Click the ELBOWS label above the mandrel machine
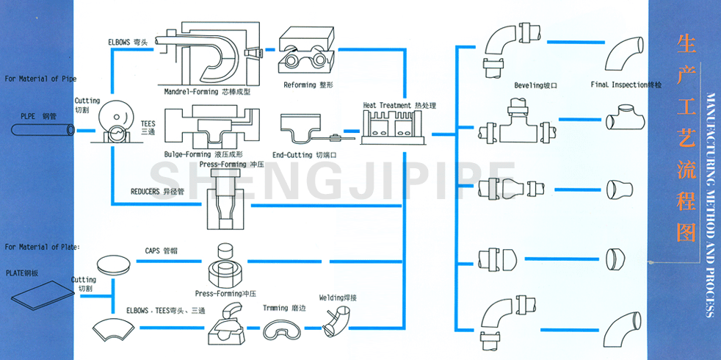[x=127, y=42]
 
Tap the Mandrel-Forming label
[x=207, y=92]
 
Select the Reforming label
[x=308, y=85]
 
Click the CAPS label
[x=158, y=251]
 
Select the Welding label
[x=338, y=298]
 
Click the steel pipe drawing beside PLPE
[x=43, y=129]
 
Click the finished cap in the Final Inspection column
[x=615, y=259]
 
